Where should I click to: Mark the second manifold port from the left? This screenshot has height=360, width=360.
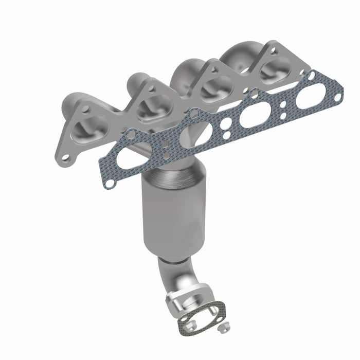click(150, 107)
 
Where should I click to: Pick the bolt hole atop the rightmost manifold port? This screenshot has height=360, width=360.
click(273, 50)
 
